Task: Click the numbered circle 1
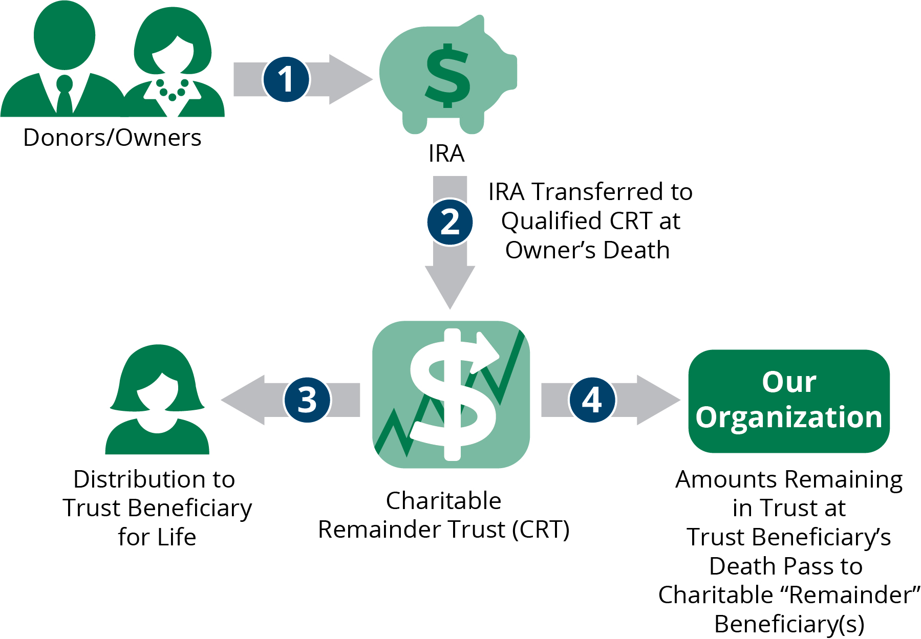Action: tap(286, 79)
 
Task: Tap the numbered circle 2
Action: tap(450, 222)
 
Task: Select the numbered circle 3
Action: tap(307, 400)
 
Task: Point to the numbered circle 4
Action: tap(592, 400)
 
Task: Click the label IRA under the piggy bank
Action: tap(446, 153)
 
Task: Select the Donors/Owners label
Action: tap(112, 138)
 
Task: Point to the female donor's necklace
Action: tap(172, 90)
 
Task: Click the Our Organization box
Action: tap(788, 401)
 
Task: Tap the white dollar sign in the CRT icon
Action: tap(451, 394)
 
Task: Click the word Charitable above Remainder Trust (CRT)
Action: tap(443, 500)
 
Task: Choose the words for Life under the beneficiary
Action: tap(157, 537)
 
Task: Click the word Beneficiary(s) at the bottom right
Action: tap(789, 624)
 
